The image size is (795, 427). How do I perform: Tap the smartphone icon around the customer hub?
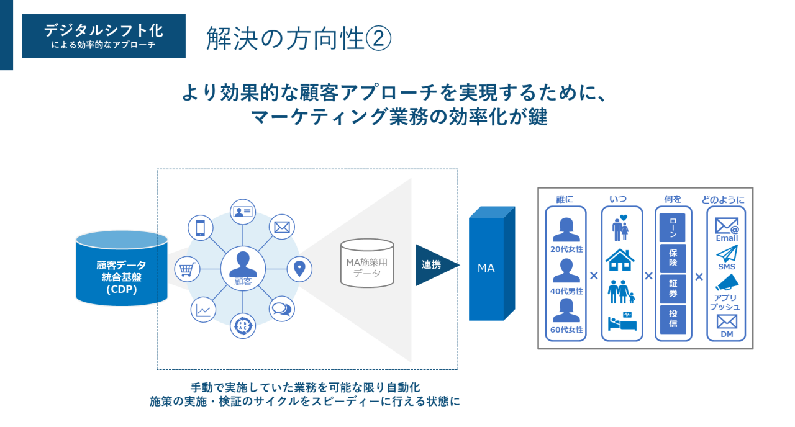201,228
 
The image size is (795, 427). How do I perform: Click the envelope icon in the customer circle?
282,227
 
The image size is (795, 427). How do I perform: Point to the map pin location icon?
299,268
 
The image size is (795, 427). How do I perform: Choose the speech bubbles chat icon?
282,308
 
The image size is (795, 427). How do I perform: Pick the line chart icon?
202,310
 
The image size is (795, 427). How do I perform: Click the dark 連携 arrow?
435,265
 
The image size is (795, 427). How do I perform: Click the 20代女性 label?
566,249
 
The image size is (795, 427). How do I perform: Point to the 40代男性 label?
566,289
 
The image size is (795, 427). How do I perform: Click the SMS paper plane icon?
727,253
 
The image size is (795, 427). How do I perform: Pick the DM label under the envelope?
727,334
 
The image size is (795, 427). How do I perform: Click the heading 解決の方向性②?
299,38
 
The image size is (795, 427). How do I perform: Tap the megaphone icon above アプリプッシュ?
727,282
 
